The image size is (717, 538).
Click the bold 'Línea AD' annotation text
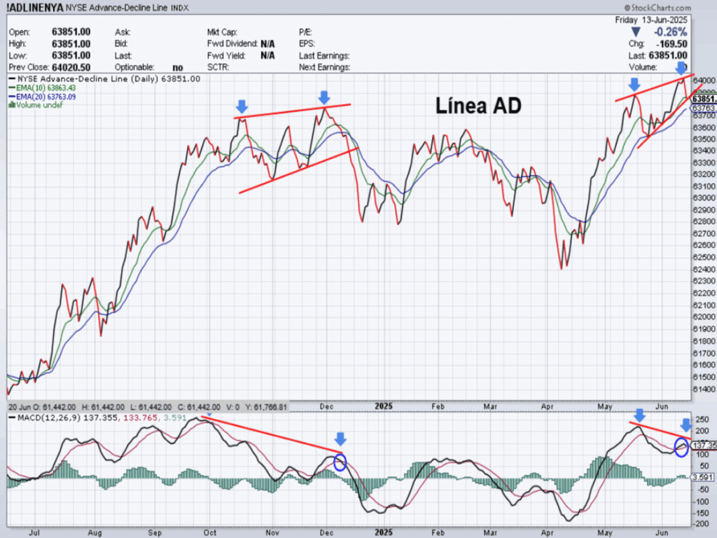click(x=479, y=106)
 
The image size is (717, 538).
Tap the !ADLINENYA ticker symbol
click(x=35, y=8)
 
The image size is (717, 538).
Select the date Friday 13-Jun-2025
click(x=651, y=20)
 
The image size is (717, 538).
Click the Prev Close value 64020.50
click(x=71, y=67)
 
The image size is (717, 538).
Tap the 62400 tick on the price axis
click(x=703, y=269)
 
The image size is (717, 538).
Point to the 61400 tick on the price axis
click(x=703, y=389)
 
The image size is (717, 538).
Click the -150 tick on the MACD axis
click(x=701, y=513)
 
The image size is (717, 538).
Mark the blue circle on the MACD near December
click(x=340, y=462)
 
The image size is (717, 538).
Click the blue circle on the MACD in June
click(x=681, y=446)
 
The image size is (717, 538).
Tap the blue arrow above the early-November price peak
click(x=242, y=106)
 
